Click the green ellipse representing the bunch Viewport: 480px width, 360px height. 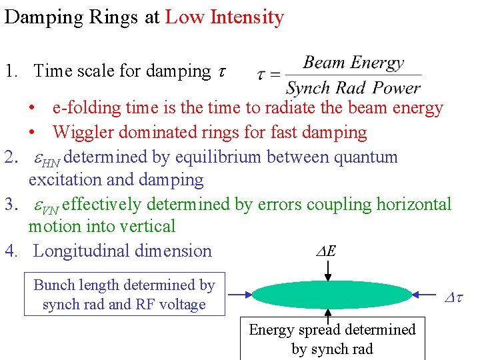pos(333,294)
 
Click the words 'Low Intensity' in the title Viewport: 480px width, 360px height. pos(224,17)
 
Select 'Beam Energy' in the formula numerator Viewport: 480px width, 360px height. pos(353,63)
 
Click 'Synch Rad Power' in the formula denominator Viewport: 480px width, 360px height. pos(353,87)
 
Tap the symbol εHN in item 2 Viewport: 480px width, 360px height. pos(47,159)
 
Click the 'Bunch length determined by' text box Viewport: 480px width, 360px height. pos(124,294)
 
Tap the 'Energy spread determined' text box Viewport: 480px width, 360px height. pos(331,339)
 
